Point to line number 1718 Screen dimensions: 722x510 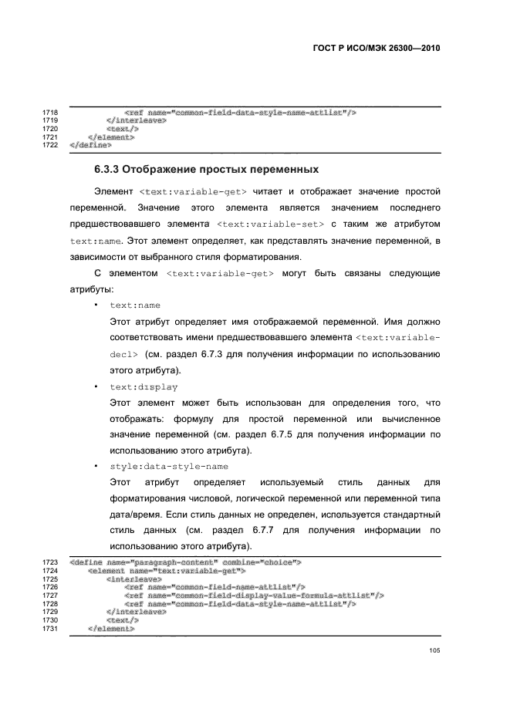[x=50, y=113]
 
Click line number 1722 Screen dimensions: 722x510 [x=50, y=144]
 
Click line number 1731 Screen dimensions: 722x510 [x=50, y=629]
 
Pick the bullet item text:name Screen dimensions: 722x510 [x=135, y=305]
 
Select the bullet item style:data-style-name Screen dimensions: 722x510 [x=168, y=467]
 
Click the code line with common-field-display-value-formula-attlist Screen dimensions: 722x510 [x=254, y=595]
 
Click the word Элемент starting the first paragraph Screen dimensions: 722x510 [x=113, y=190]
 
